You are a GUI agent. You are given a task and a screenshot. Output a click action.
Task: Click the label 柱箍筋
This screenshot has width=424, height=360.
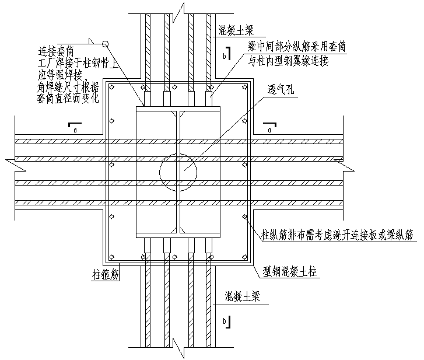106,273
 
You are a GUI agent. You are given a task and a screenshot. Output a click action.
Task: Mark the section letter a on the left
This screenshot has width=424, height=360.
75,130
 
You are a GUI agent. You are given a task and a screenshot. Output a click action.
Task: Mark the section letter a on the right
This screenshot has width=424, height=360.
271,130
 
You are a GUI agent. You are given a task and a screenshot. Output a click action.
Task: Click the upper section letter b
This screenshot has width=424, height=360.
225,56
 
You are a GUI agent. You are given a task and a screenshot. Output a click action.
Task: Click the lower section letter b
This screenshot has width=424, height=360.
225,321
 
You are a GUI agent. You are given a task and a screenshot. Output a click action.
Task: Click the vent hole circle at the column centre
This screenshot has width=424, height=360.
178,172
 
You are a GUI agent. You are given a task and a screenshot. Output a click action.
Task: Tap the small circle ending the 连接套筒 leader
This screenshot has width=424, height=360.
106,43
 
